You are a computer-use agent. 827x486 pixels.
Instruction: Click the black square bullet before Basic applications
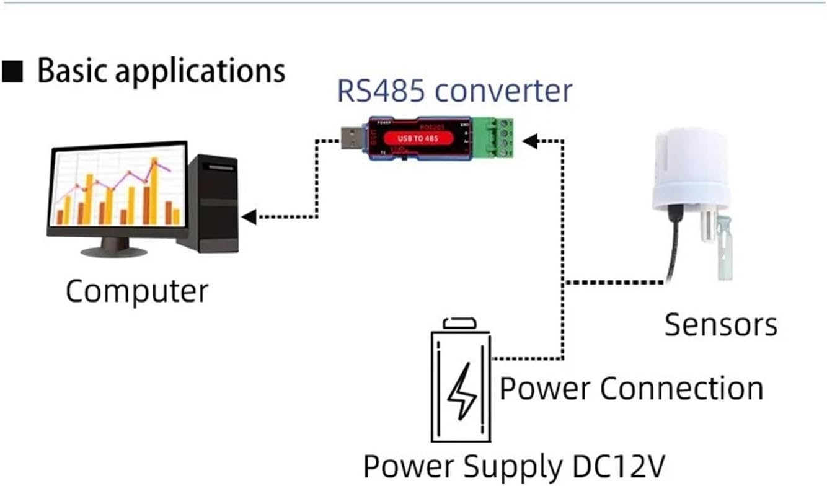13,72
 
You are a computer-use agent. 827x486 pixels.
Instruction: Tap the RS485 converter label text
454,91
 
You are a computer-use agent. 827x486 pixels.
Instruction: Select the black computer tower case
213,203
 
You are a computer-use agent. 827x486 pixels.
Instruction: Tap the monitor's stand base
115,252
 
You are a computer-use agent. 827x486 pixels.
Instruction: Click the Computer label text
137,291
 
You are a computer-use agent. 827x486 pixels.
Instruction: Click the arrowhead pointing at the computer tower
249,217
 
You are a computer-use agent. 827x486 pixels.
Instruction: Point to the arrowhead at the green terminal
529,141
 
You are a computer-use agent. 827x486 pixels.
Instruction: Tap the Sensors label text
720,325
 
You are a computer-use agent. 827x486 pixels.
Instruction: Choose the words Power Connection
631,389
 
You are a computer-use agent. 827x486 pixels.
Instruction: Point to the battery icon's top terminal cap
460,323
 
